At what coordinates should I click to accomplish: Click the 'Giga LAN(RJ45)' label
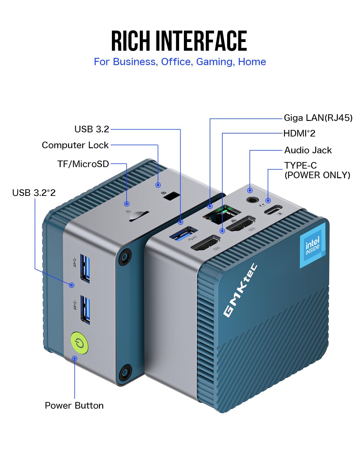318,118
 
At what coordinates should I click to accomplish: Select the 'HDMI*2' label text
299,133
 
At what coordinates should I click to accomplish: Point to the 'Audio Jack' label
308,150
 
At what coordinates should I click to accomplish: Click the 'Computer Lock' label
75,145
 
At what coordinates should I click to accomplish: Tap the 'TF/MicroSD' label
83,164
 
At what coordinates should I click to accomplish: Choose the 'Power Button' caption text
74,405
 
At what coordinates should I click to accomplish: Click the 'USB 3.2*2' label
34,193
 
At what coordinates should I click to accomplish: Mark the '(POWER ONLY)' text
317,175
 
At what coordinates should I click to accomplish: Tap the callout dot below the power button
75,358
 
